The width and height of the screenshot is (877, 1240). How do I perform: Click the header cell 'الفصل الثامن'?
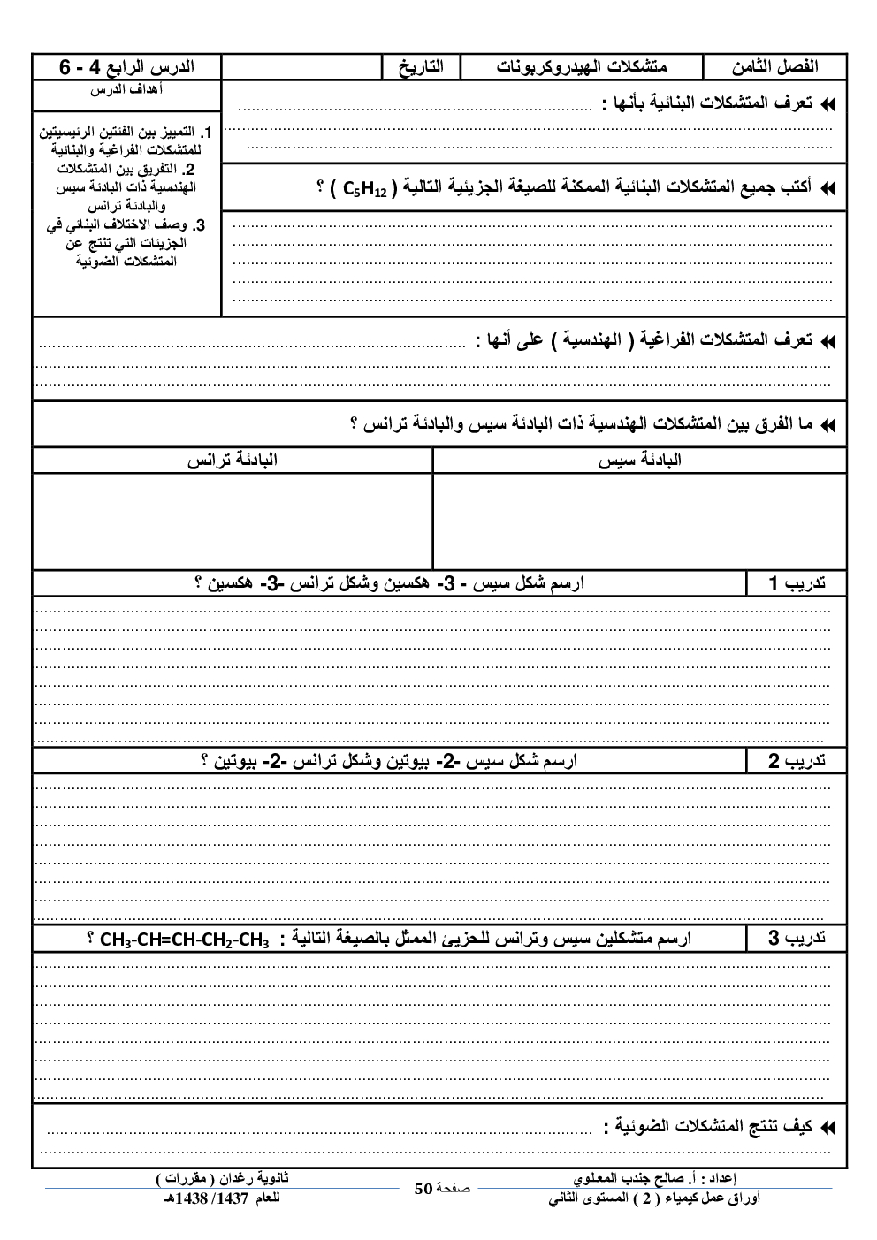774,66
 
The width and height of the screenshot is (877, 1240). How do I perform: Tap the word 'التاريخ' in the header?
421,67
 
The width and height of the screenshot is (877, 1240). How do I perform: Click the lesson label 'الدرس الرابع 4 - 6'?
126,67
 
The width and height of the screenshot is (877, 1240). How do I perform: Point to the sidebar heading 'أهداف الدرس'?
126,89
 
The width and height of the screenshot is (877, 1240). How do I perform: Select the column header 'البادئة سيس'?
639,460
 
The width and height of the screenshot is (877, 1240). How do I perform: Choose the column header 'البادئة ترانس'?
232,460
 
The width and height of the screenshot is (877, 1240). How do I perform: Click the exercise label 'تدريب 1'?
797,583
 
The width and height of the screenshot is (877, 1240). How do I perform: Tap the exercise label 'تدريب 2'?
797,761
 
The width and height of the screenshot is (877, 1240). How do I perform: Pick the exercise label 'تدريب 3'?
797,939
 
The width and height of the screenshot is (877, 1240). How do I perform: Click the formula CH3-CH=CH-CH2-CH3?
184,940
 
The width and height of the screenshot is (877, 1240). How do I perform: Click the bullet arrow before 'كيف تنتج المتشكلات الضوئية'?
827,1128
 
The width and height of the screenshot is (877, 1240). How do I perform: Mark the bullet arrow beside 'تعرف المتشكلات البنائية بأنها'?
827,104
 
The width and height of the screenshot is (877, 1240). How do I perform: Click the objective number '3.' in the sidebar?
202,224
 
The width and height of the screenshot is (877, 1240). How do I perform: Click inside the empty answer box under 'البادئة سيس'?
639,521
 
